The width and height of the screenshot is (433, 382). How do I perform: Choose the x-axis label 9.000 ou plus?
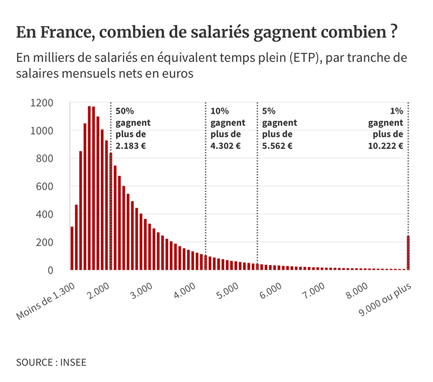point(385,299)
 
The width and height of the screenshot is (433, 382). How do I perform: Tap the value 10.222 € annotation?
point(385,146)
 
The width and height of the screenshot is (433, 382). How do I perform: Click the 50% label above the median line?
point(124,111)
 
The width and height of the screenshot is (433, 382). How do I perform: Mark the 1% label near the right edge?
point(396,111)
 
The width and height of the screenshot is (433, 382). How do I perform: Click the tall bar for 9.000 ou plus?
point(408,253)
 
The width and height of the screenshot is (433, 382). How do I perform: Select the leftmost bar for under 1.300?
point(72,248)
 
